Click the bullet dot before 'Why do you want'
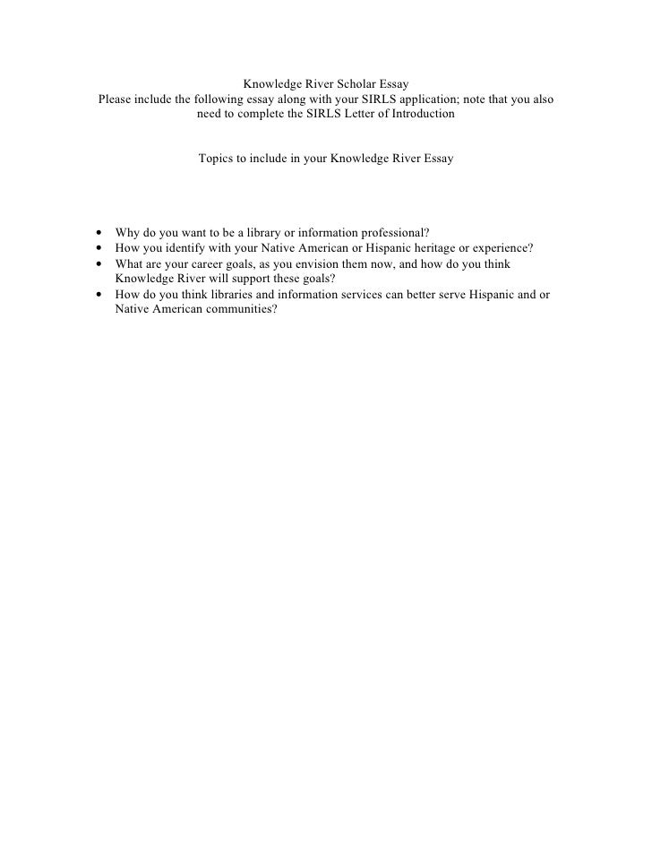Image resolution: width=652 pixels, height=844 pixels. pos(97,233)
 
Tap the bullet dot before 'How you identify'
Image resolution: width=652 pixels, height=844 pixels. pos(97,248)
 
